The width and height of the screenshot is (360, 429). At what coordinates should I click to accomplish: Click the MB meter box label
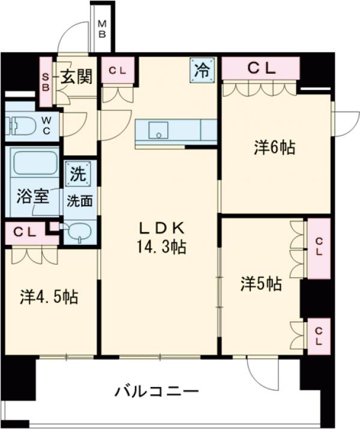(102, 29)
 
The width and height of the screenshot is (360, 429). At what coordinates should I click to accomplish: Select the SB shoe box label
(46, 76)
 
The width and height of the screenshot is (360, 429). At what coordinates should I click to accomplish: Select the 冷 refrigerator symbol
(202, 70)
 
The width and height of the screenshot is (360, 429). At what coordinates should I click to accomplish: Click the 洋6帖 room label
(274, 147)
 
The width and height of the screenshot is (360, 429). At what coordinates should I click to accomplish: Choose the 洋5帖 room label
(262, 283)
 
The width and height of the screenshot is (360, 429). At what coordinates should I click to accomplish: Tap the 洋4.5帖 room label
(49, 296)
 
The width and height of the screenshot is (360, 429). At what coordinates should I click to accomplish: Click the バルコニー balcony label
(156, 393)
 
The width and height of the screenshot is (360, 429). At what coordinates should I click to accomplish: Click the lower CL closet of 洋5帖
(319, 336)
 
